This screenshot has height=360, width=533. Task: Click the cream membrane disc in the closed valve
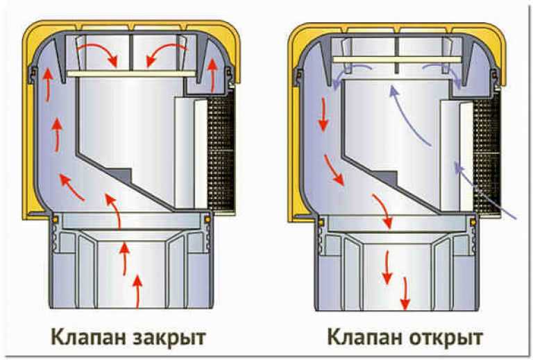(131, 74)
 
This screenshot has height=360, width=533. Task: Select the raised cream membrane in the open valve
(397, 60)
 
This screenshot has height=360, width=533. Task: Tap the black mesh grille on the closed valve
(221, 152)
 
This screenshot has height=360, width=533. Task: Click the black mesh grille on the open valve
(487, 152)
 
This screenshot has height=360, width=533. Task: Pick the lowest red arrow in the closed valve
(137, 291)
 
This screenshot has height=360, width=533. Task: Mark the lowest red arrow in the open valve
(405, 293)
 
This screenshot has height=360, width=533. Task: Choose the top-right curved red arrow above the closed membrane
(167, 55)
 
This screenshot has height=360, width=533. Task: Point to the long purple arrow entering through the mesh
(484, 190)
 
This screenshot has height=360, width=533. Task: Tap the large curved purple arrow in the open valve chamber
(407, 116)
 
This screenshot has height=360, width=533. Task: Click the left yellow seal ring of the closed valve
(55, 220)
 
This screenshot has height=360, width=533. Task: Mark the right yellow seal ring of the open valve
(472, 222)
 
